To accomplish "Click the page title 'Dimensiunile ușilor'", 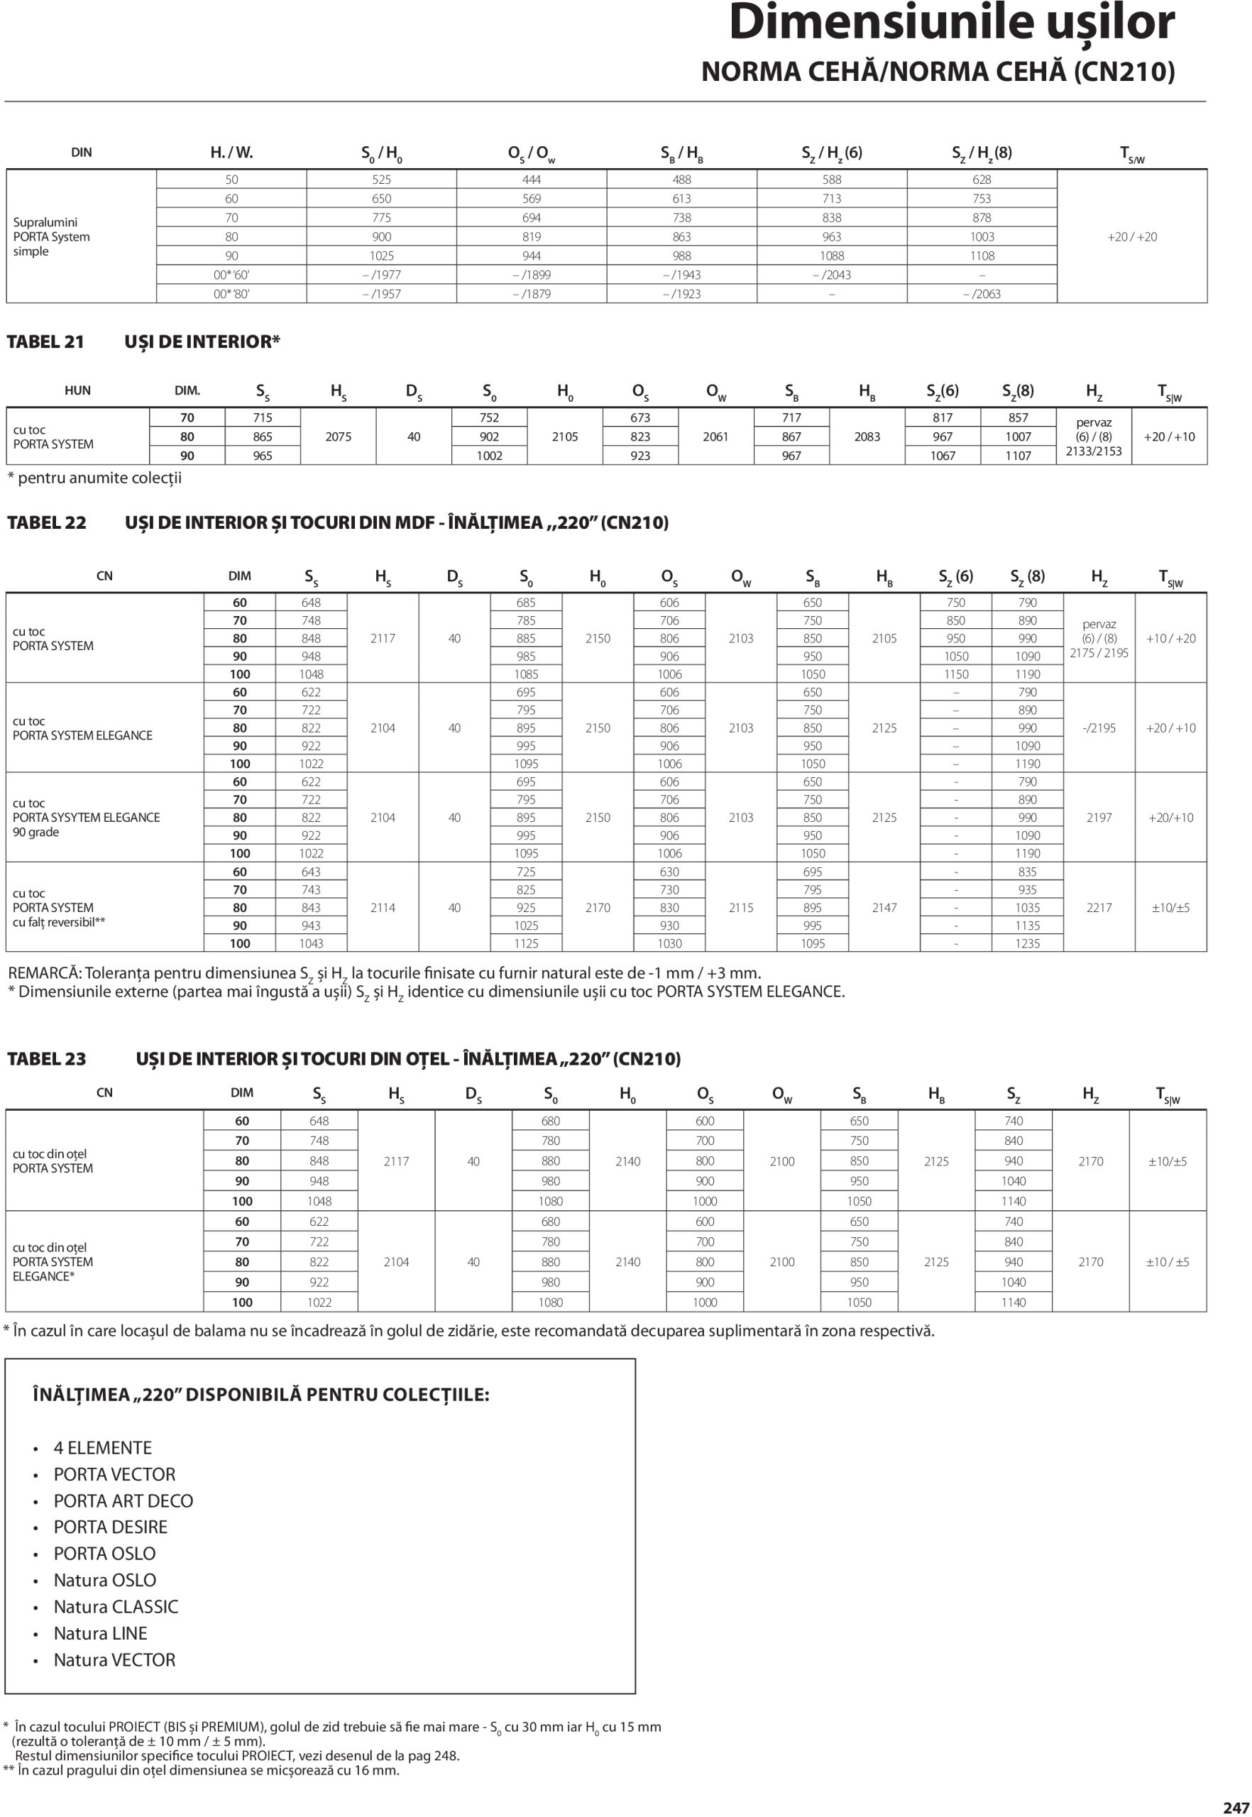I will tap(951, 23).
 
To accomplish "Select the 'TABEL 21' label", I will tap(45, 342).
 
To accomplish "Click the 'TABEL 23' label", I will tap(46, 1059).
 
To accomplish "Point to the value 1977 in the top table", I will tap(386, 275).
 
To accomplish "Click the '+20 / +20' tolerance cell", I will tap(1131, 237).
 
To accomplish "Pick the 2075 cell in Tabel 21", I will tap(338, 437).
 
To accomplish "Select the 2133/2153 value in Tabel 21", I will tap(1094, 451).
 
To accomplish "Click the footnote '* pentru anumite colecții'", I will tap(94, 478).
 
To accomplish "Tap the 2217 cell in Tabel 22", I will tap(1098, 908).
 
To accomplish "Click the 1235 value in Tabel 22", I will tap(1027, 944).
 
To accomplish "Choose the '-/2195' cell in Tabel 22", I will tap(1098, 728).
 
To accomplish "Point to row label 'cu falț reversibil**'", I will tap(59, 923).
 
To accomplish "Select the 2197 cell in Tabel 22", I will tap(1098, 818).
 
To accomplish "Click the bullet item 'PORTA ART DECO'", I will tap(123, 1501).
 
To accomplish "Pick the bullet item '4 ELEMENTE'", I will tap(103, 1448).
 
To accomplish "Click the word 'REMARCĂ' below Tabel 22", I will tap(43, 974).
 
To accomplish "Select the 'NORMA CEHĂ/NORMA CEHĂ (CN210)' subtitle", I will tap(938, 72).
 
